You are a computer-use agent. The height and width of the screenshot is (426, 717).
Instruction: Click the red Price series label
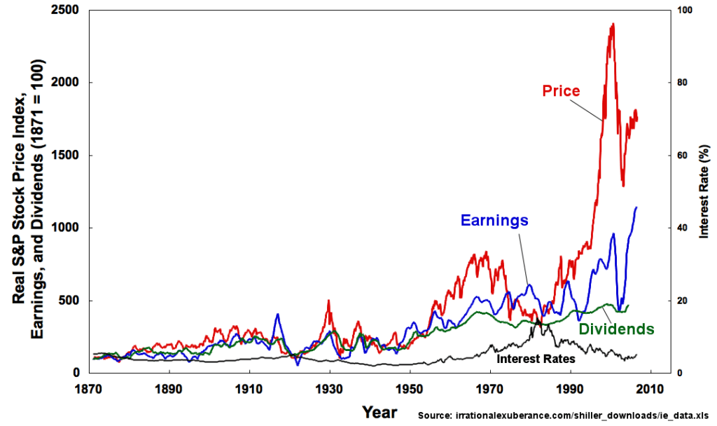[x=562, y=91]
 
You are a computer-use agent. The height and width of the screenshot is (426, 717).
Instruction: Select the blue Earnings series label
[x=494, y=220]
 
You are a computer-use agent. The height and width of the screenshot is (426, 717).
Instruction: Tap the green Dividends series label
[x=616, y=329]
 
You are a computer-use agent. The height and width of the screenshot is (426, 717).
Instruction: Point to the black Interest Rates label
[x=536, y=358]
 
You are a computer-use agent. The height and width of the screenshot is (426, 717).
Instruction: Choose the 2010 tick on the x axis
[x=651, y=387]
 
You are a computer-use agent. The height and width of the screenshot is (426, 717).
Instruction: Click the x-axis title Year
[x=380, y=411]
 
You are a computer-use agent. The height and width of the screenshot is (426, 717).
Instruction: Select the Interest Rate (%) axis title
[x=704, y=189]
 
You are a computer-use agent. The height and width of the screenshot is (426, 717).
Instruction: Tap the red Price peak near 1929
[x=328, y=301]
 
